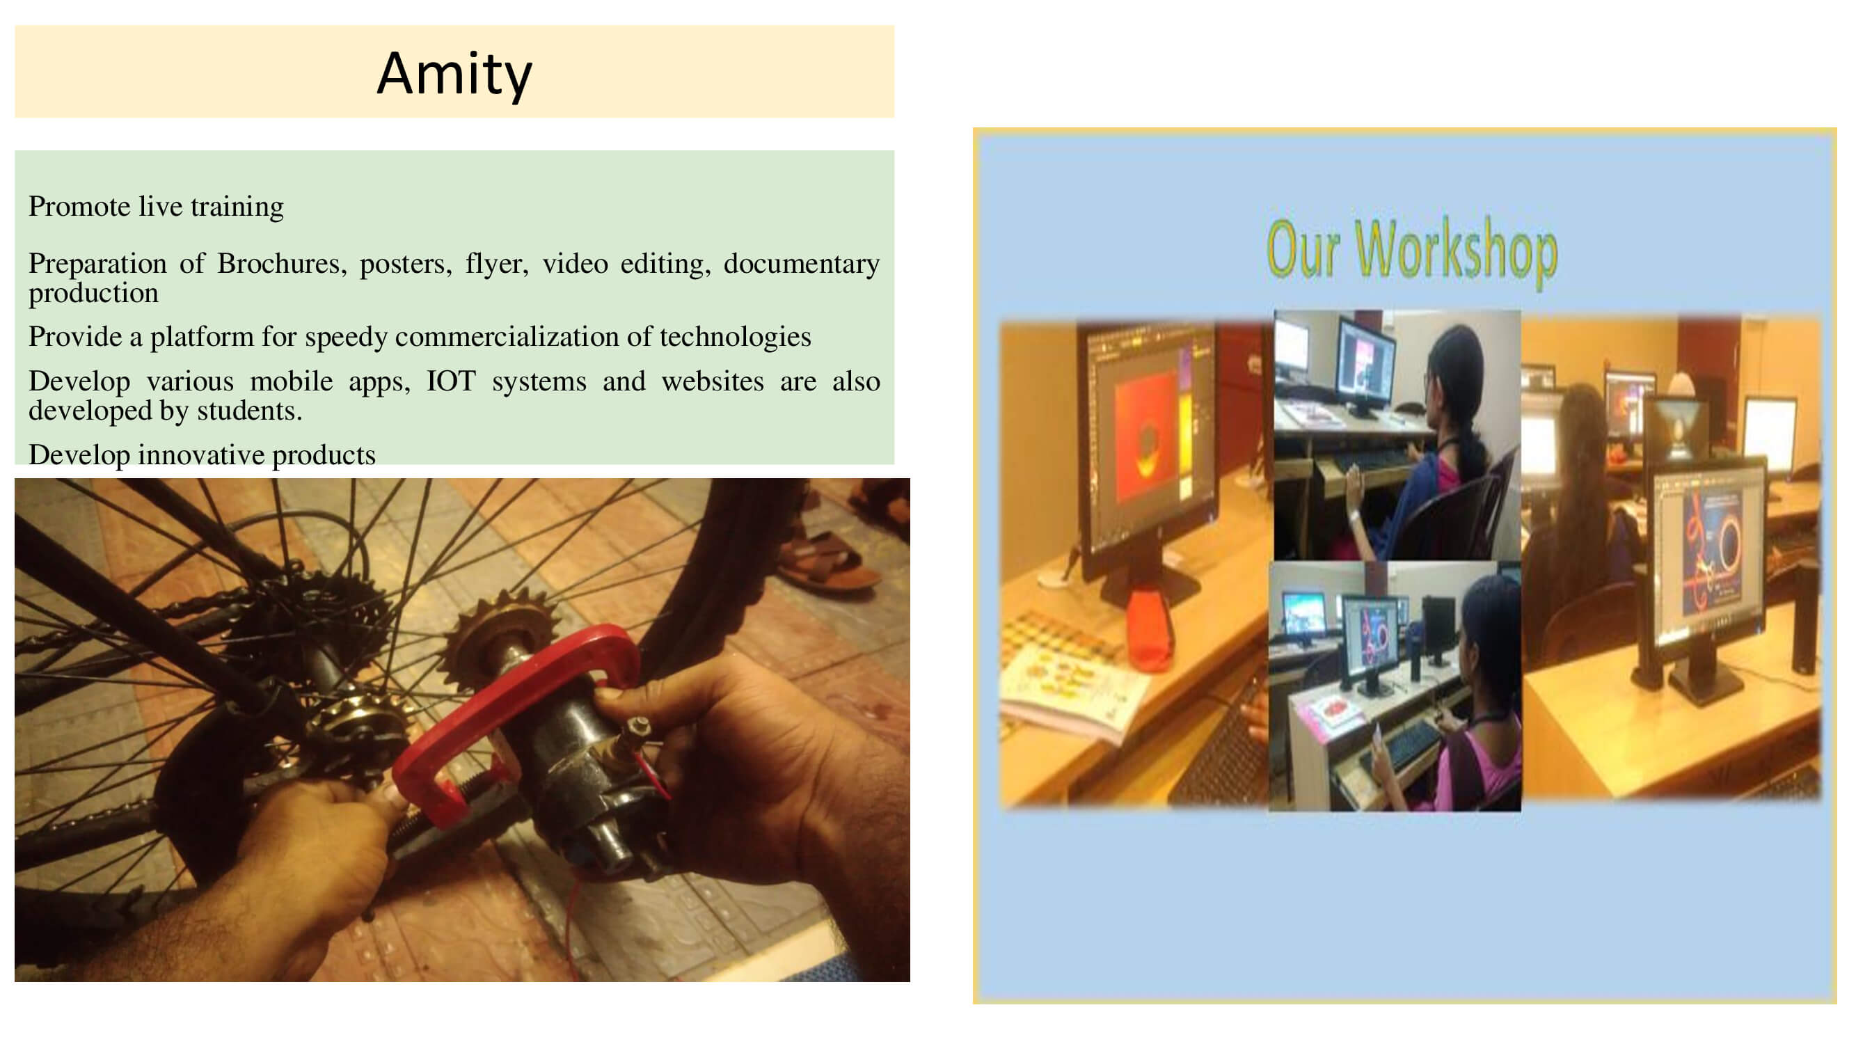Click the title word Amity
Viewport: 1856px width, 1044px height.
coord(454,74)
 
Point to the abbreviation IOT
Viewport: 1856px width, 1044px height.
coord(451,381)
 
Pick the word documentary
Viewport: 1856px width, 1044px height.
coord(801,264)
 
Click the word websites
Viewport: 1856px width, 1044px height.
coord(713,381)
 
